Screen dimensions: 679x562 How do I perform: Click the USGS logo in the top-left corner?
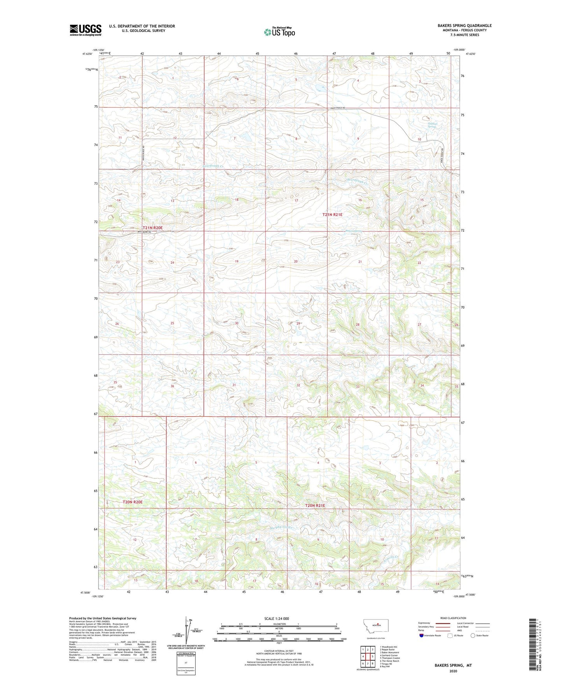pyautogui.click(x=86, y=30)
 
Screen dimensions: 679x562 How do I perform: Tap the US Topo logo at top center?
pyautogui.click(x=279, y=32)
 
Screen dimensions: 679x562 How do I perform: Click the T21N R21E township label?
pyautogui.click(x=333, y=215)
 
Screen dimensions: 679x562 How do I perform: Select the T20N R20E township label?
pyautogui.click(x=133, y=502)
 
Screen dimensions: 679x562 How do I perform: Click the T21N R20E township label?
pyautogui.click(x=153, y=228)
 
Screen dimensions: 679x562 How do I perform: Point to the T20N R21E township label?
pyautogui.click(x=315, y=506)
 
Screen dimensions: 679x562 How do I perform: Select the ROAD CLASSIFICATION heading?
pyautogui.click(x=453, y=618)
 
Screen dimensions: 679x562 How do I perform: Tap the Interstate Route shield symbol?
pyautogui.click(x=422, y=635)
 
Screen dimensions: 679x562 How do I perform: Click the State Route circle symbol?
pyautogui.click(x=473, y=635)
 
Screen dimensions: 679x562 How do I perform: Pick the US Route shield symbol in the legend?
pyautogui.click(x=450, y=635)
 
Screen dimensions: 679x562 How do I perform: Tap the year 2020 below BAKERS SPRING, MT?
pyautogui.click(x=453, y=671)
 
